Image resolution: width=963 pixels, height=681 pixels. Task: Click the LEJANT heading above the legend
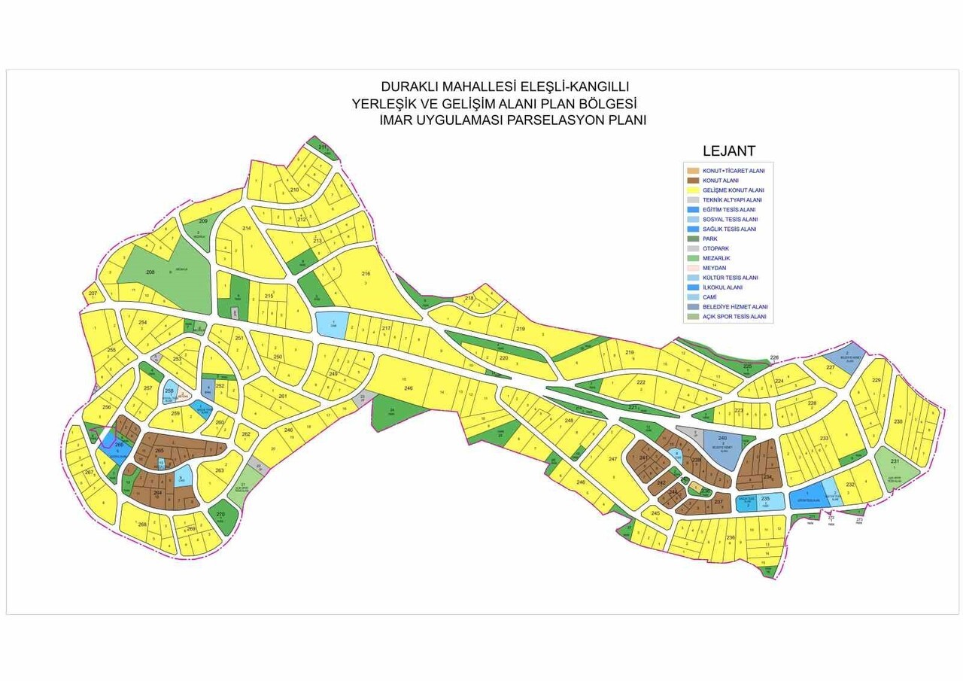(x=728, y=151)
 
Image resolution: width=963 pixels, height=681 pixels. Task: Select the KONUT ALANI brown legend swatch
(x=693, y=181)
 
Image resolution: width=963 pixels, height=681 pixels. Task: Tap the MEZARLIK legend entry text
(x=715, y=258)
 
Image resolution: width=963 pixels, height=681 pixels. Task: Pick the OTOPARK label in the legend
(x=715, y=248)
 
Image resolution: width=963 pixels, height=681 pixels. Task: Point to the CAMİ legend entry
(x=709, y=297)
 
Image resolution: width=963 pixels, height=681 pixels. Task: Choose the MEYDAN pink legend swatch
(x=693, y=268)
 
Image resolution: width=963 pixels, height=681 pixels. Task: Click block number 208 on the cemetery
(x=150, y=272)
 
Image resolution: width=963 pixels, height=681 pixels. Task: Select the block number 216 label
(x=366, y=273)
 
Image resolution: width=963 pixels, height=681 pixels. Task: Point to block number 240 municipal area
(x=722, y=438)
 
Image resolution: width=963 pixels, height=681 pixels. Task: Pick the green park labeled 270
(x=220, y=515)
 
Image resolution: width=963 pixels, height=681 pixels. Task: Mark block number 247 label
(x=612, y=459)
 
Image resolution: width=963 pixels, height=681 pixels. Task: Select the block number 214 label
(x=246, y=228)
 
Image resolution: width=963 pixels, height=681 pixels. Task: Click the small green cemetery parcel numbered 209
(x=202, y=221)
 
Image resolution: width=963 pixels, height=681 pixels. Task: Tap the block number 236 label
(x=730, y=537)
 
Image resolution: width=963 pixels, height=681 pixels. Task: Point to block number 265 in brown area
(x=159, y=451)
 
